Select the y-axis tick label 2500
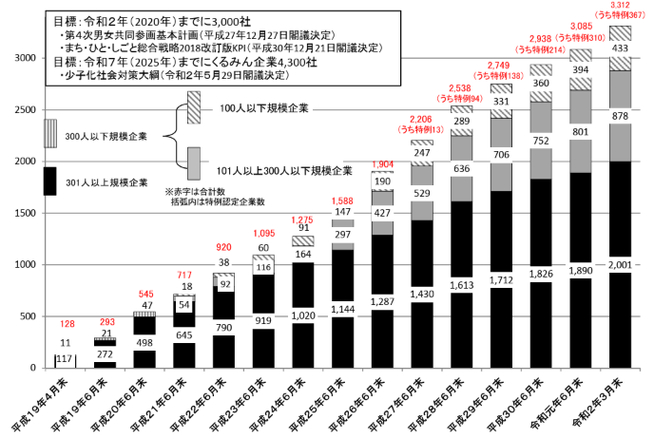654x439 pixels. click(x=23, y=109)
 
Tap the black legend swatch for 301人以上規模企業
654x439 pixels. click(x=49, y=181)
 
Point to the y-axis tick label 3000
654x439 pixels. click(x=23, y=58)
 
